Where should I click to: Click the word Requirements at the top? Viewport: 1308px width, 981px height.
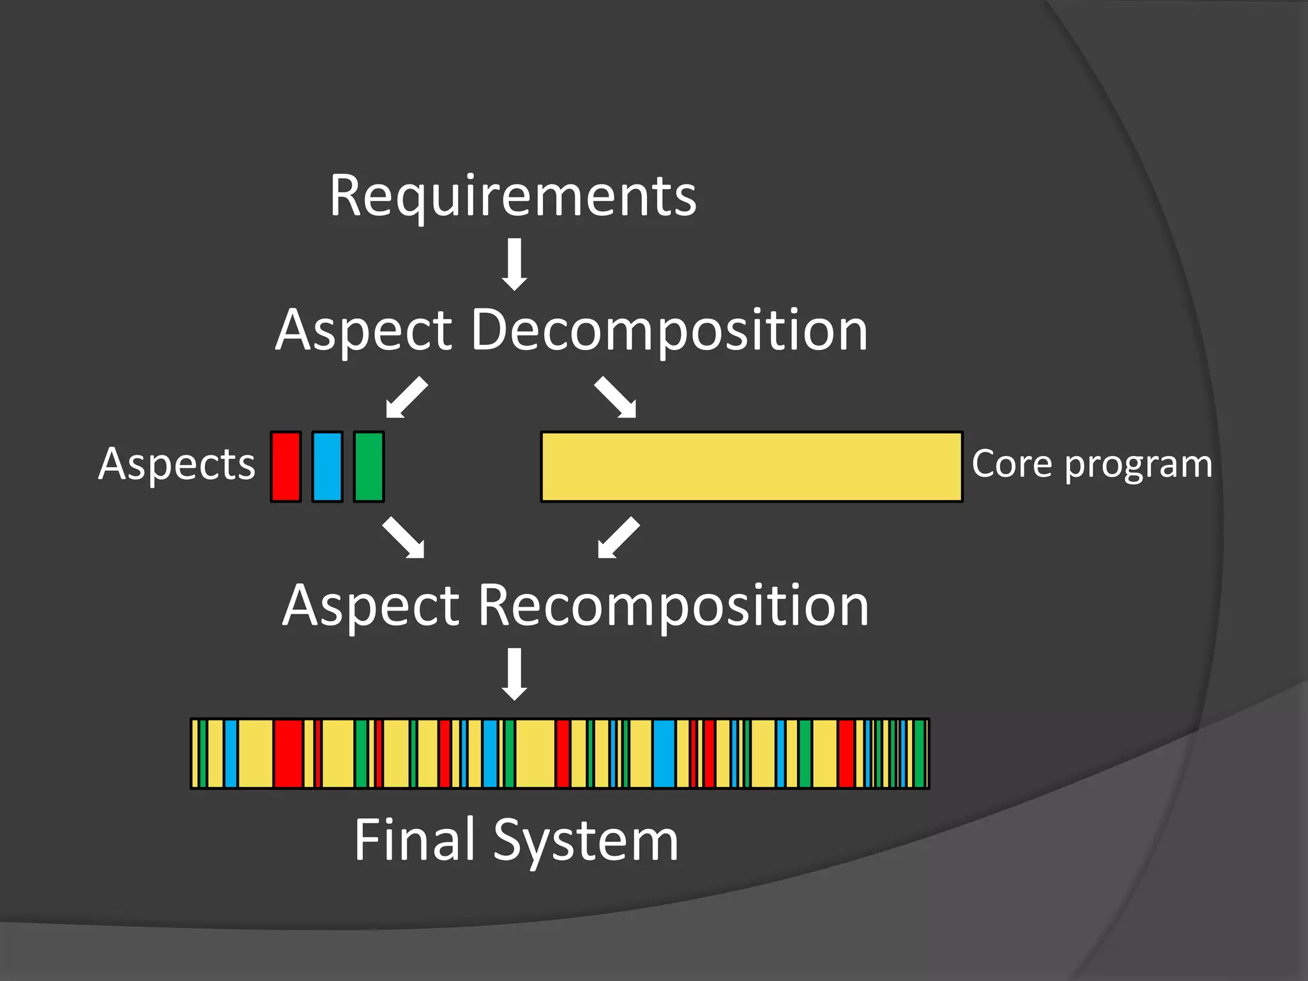tap(513, 196)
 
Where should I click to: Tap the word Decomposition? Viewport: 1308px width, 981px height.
tap(669, 330)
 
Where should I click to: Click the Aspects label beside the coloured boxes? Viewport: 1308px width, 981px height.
tap(177, 464)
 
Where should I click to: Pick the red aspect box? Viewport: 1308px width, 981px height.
tap(285, 467)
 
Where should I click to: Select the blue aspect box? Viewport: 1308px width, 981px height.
tap(327, 467)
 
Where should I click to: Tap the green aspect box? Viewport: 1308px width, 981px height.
tap(369, 467)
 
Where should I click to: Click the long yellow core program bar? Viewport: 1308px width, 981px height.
tap(751, 467)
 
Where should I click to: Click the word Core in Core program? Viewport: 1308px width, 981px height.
tap(1011, 464)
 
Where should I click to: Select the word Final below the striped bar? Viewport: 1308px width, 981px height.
tap(417, 840)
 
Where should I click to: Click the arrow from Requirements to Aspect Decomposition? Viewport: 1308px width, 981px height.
tap(514, 264)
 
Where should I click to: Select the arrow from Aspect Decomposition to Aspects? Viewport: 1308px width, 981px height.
tap(407, 397)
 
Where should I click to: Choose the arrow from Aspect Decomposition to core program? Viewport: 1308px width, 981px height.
tap(616, 397)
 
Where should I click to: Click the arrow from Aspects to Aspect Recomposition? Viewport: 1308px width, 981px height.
tap(403, 538)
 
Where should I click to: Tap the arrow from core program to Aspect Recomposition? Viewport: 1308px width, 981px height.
tap(618, 538)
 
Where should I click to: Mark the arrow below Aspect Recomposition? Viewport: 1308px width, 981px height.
tap(514, 674)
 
